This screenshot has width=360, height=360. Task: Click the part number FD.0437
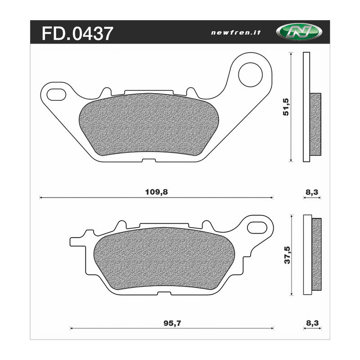point(77,33)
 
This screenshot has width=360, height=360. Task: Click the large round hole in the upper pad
point(250,74)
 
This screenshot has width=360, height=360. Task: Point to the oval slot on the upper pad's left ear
point(56,94)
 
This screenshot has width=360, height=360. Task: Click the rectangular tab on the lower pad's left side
point(76,241)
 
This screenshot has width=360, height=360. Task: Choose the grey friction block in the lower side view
point(317,255)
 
